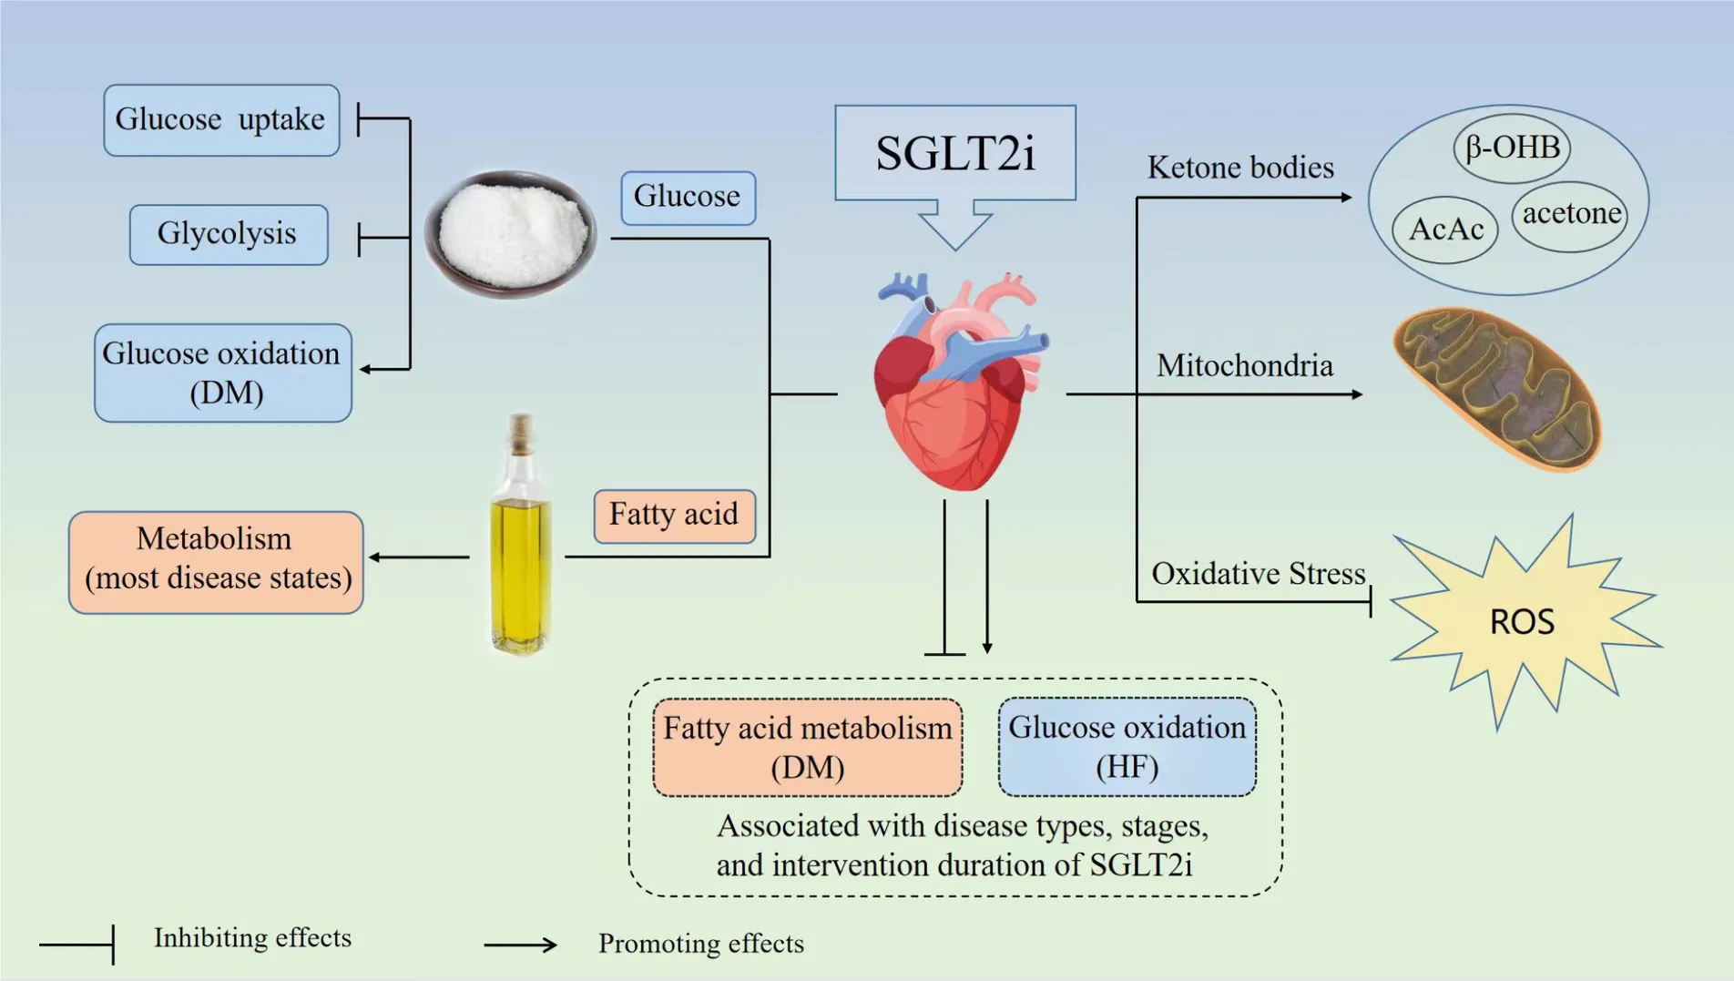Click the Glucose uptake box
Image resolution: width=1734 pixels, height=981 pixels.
pyautogui.click(x=221, y=120)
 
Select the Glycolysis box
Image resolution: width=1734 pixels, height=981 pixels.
pyautogui.click(x=228, y=235)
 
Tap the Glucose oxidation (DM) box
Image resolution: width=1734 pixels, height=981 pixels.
pyautogui.click(x=222, y=373)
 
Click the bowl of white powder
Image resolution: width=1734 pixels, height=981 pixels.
pyautogui.click(x=510, y=233)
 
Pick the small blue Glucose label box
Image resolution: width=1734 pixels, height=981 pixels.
pyautogui.click(x=688, y=197)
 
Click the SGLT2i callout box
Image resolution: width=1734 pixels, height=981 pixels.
pyautogui.click(x=954, y=153)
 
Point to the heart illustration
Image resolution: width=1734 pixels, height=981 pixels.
pyautogui.click(x=956, y=383)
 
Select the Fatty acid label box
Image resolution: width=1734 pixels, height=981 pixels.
pyautogui.click(x=674, y=516)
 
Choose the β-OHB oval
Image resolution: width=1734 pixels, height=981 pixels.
pyautogui.click(x=1512, y=148)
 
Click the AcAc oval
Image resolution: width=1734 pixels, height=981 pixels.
pyautogui.click(x=1445, y=230)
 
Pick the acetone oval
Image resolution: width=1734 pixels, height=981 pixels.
pyautogui.click(x=1570, y=215)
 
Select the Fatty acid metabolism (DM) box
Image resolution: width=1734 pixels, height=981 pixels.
pyautogui.click(x=807, y=747)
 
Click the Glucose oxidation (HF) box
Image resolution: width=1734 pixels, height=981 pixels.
pyautogui.click(x=1127, y=747)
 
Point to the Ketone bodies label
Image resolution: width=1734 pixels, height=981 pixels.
pyautogui.click(x=1239, y=169)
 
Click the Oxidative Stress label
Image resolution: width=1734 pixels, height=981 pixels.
pyautogui.click(x=1258, y=574)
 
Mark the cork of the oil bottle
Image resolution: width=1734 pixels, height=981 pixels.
pyautogui.click(x=521, y=434)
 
